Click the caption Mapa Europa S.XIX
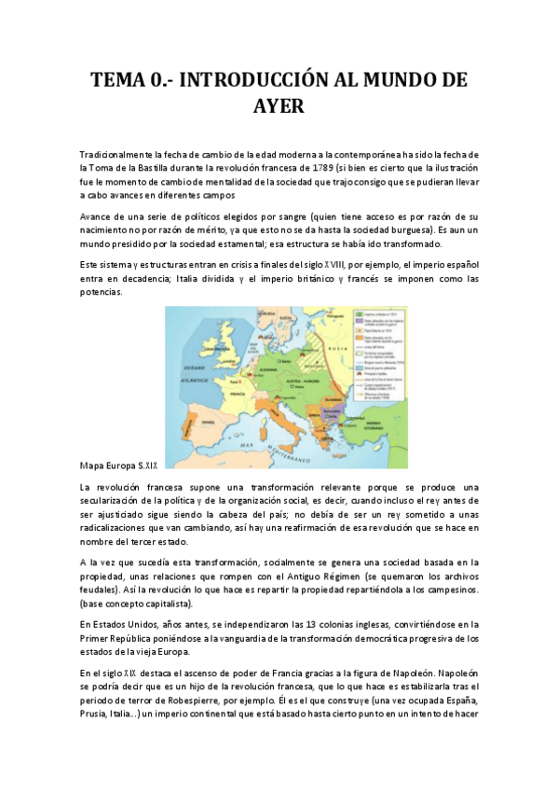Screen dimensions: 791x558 (x=119, y=463)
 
